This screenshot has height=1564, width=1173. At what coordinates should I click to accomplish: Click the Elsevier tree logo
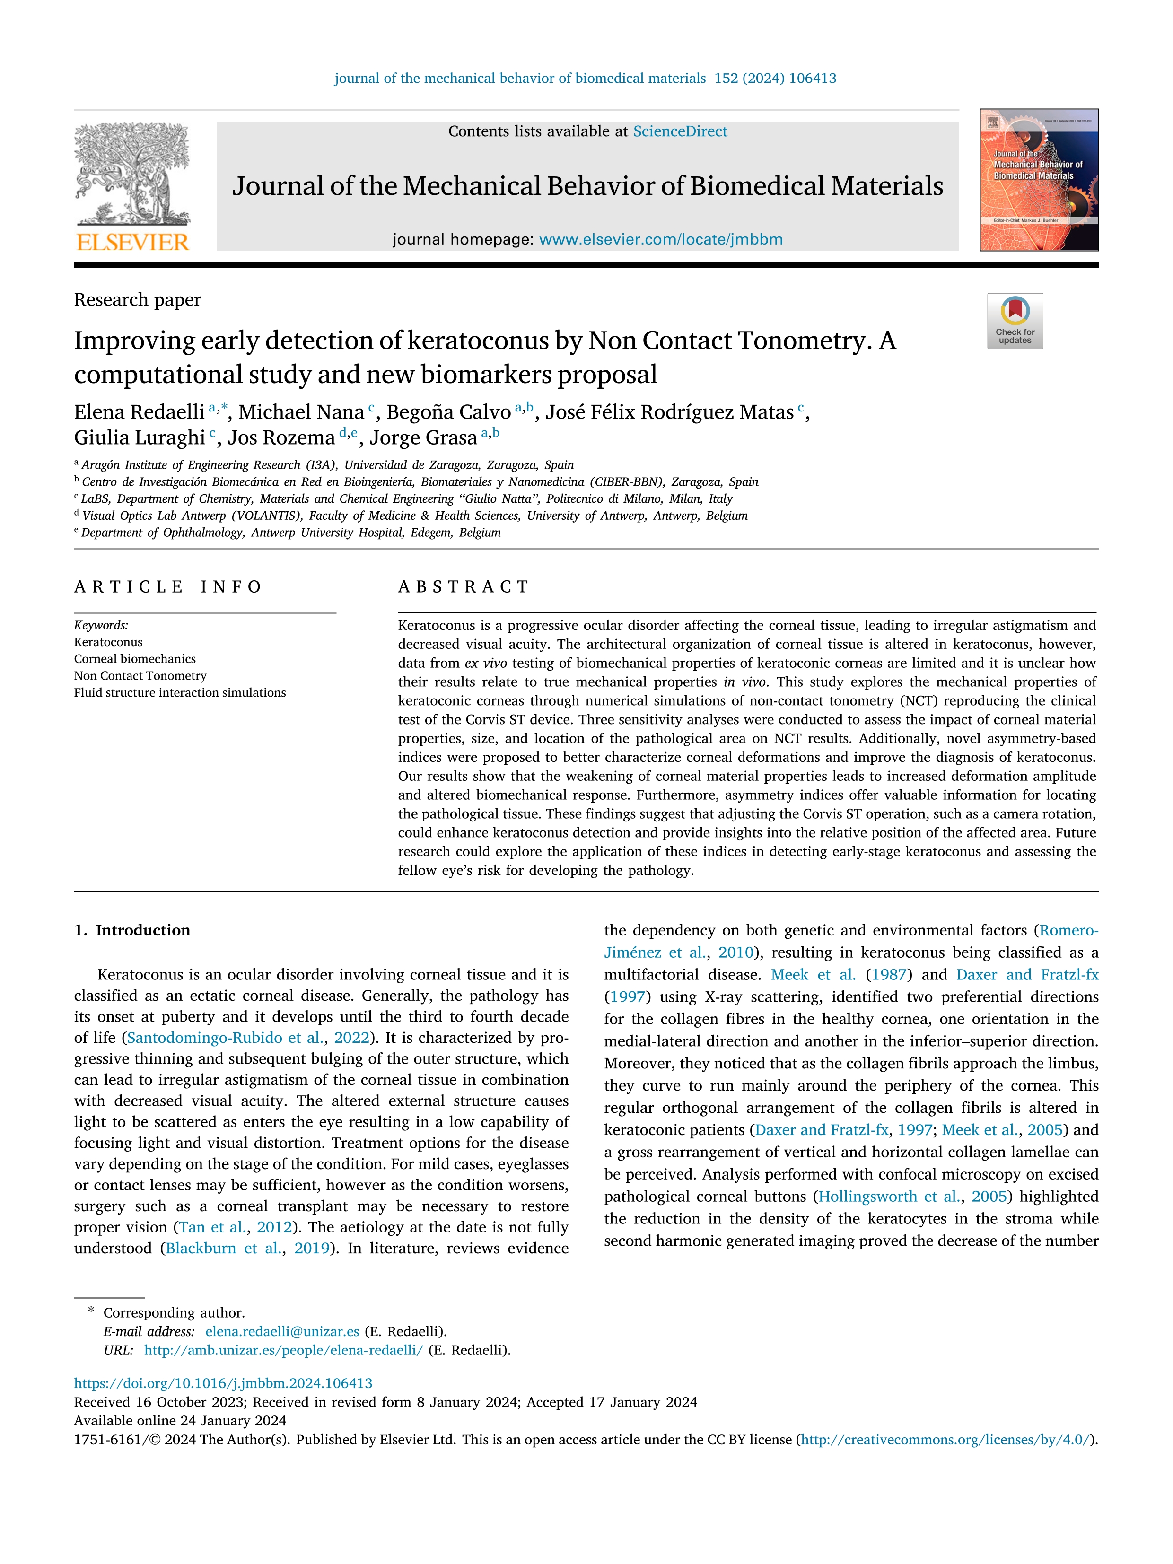132,174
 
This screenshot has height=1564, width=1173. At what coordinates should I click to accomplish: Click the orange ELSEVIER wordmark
132,243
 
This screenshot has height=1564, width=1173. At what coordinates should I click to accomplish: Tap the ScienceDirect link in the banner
680,131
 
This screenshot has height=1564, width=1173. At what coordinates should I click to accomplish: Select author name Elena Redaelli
139,412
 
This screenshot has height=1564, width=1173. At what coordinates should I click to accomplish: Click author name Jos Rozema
280,437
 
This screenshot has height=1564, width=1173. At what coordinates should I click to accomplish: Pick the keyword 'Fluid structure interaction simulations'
180,693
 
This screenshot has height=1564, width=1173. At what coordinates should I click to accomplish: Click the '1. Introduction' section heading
132,930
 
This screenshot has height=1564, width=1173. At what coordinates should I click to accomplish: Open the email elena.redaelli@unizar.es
282,1331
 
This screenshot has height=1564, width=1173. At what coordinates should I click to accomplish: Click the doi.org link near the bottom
223,1383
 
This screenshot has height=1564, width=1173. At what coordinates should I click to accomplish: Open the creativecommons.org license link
946,1440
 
